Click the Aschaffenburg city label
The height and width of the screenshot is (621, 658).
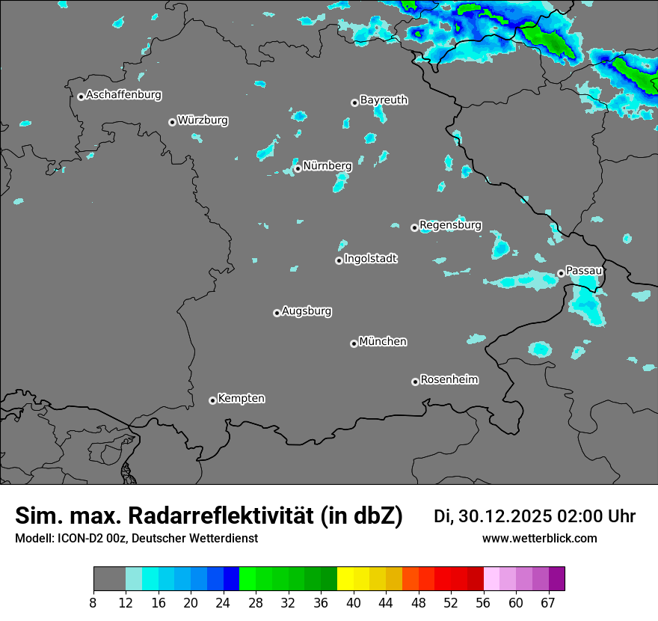123,95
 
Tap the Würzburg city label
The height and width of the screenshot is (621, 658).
203,120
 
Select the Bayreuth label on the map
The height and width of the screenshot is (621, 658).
384,100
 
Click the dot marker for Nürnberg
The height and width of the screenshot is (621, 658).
298,168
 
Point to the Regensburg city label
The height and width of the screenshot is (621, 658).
450,225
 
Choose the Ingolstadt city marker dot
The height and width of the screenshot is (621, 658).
339,260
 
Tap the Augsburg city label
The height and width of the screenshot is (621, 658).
307,311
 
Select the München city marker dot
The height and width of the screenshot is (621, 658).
354,343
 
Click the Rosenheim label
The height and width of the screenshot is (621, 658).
449,380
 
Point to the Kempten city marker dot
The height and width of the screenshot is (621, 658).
212,400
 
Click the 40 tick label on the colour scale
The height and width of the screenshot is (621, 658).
354,603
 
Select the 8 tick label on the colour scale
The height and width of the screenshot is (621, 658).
93,603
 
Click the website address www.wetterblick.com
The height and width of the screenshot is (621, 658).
540,539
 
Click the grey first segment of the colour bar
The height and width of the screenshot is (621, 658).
109,579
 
